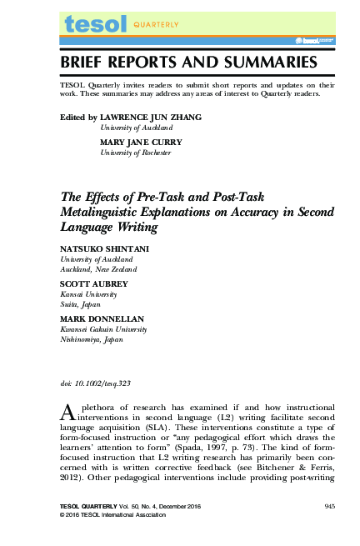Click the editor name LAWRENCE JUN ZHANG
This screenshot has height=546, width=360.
151,118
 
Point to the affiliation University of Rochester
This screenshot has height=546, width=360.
136,153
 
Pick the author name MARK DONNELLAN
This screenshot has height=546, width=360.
97,319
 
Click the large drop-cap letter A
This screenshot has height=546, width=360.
69,411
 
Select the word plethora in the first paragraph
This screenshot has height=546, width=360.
104,408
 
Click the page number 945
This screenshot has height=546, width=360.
329,507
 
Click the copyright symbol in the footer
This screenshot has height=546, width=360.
63,516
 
